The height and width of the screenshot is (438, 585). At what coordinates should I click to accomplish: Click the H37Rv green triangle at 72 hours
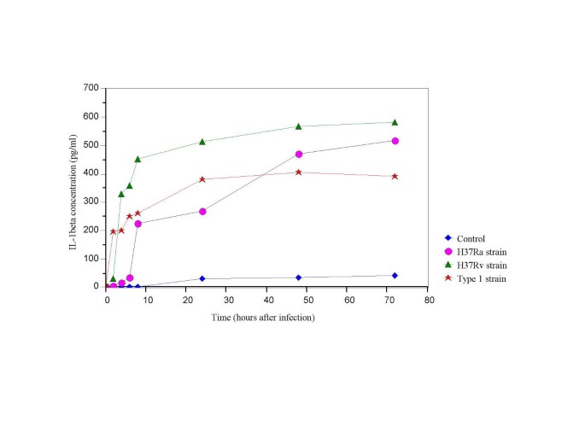(x=395, y=122)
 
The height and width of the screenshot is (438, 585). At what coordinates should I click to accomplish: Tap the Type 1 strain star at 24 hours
(x=202, y=179)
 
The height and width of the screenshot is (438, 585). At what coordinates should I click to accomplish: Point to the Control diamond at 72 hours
(x=395, y=275)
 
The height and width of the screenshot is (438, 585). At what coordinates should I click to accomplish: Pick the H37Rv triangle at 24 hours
(x=202, y=142)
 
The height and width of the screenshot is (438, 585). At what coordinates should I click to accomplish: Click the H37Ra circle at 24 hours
(x=202, y=211)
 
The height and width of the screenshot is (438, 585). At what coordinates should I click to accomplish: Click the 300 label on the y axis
(x=91, y=201)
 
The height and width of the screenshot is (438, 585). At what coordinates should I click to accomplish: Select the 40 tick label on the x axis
(x=267, y=300)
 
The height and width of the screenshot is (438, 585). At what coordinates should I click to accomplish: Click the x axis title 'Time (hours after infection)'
(x=264, y=318)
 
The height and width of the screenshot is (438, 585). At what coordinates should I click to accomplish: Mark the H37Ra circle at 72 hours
(x=395, y=141)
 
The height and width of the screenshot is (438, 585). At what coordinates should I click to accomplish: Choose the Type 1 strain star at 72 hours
(x=395, y=176)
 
